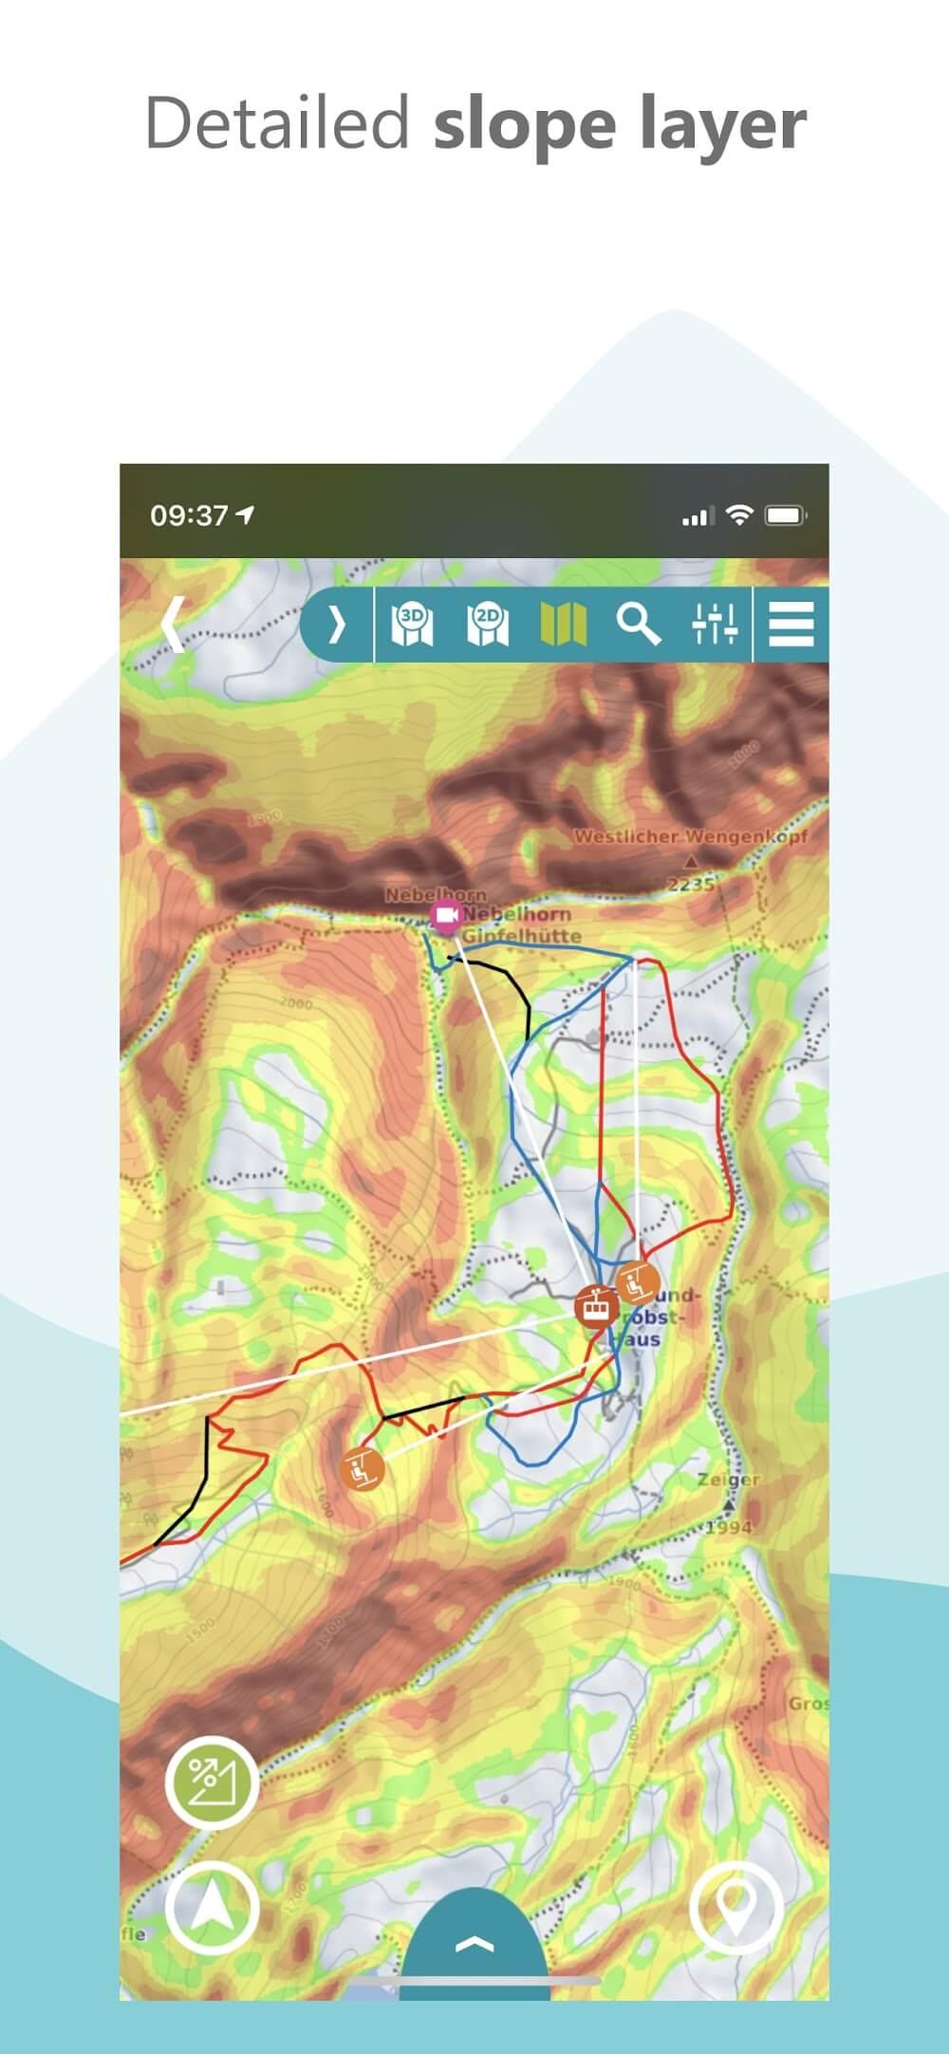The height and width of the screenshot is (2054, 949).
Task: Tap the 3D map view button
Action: (x=412, y=624)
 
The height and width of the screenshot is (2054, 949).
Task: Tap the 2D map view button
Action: (x=488, y=624)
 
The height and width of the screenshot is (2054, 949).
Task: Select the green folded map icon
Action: (x=563, y=624)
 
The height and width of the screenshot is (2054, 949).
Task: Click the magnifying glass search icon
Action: (x=638, y=624)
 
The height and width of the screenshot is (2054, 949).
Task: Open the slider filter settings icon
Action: (x=714, y=624)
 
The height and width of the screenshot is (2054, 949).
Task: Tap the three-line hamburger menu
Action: (x=791, y=624)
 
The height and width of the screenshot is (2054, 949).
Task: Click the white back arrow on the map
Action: (x=173, y=624)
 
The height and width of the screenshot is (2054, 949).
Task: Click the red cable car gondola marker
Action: (x=596, y=1307)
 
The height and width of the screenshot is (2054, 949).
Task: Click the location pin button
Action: (x=735, y=1907)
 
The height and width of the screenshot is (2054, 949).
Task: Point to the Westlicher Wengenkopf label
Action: (x=691, y=837)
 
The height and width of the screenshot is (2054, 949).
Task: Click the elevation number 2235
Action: (x=691, y=885)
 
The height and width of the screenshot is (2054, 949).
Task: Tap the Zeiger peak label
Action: (x=729, y=1480)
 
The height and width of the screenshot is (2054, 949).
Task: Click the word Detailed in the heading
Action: (x=277, y=124)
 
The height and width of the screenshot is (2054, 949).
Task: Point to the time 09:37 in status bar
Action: (x=190, y=515)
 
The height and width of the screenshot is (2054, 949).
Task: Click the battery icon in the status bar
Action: (x=786, y=515)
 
